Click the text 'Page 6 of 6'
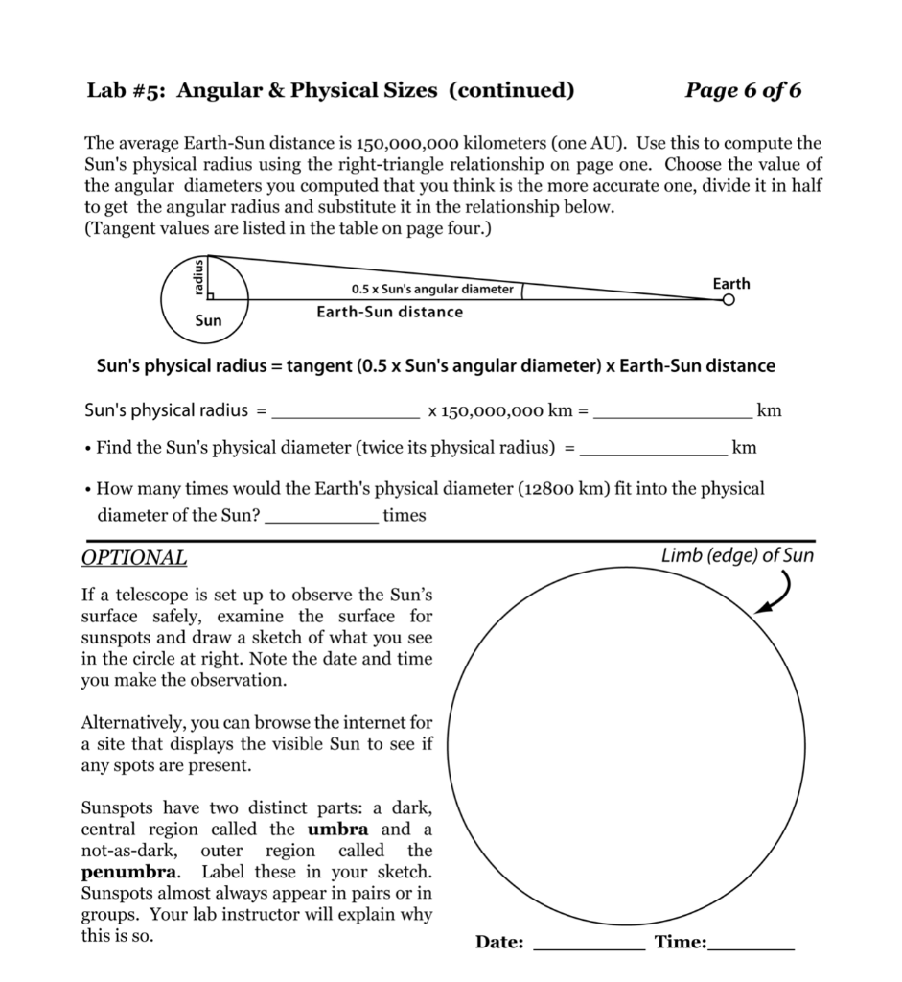pos(743,91)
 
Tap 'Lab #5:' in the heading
pos(127,91)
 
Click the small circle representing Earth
pos(729,300)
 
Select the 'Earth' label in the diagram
pos(731,283)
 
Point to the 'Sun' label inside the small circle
pos(208,320)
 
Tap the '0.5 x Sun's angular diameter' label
pos(432,289)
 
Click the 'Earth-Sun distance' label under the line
pos(389,312)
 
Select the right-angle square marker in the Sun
pos(211,296)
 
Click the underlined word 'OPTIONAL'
pos(134,558)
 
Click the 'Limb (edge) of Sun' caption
pos(737,555)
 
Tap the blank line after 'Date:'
pos(589,945)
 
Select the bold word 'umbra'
pos(343,830)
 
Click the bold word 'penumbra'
pos(128,872)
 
